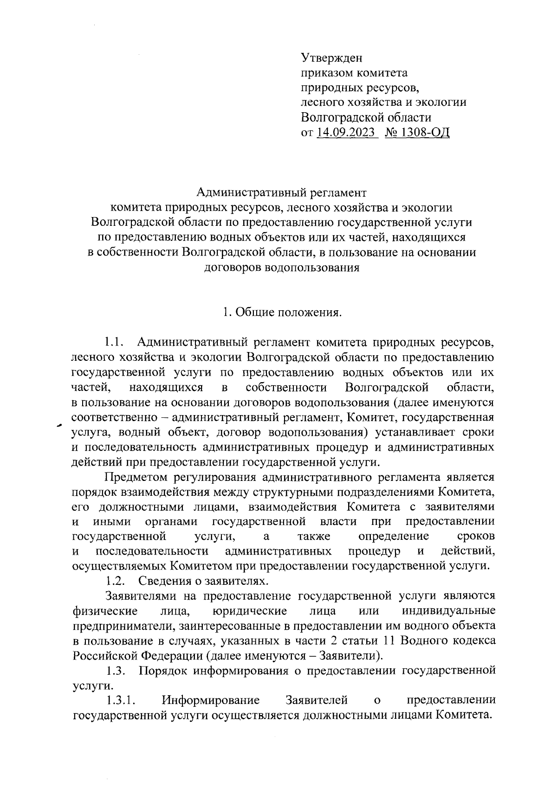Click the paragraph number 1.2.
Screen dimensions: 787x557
tap(114, 580)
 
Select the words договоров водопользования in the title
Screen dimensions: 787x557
tap(282, 268)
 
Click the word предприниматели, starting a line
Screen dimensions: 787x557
tap(123, 626)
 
